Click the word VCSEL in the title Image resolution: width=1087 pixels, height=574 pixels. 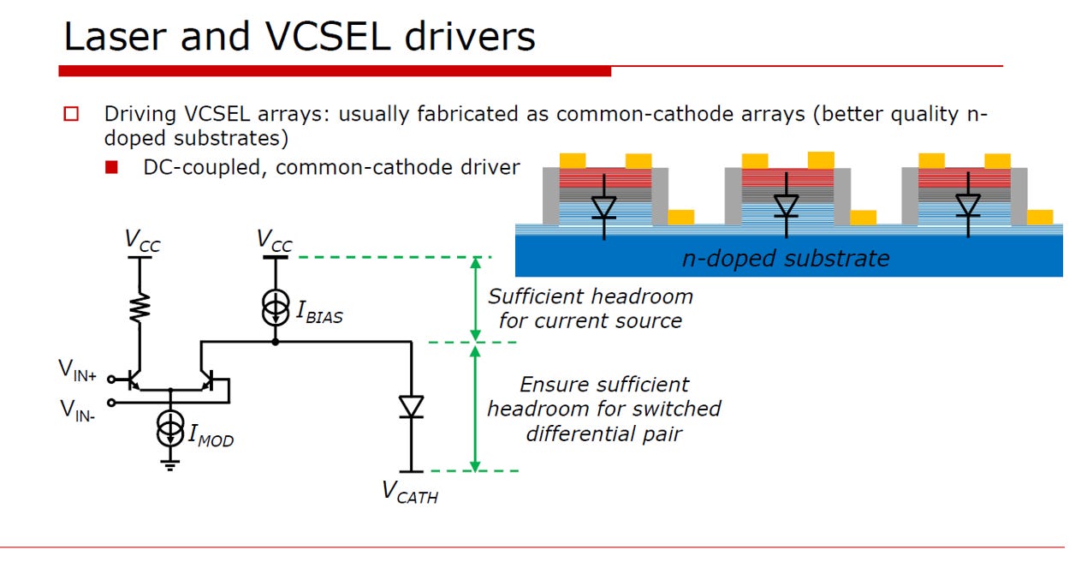coord(328,37)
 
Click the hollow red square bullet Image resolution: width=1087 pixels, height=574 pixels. coord(71,114)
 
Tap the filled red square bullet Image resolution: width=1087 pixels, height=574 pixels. coord(111,168)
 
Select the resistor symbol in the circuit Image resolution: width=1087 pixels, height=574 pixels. coord(140,308)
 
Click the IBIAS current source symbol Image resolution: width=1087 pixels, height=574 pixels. coord(275,308)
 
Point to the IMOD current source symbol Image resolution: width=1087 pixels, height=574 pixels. coord(170,428)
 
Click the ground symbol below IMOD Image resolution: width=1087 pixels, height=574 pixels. coord(169,465)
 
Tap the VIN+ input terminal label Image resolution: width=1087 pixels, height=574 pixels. coord(77,370)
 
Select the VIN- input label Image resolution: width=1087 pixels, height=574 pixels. coord(77,410)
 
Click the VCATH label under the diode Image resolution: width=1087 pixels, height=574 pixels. coord(410,493)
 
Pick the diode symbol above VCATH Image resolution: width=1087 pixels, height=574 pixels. coord(411,407)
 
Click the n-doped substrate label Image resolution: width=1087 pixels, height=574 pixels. coord(786,258)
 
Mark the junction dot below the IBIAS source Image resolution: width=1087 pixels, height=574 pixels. coord(275,342)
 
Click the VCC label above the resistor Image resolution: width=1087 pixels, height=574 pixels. coord(142,241)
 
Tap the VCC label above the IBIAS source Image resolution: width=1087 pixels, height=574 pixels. coord(275,241)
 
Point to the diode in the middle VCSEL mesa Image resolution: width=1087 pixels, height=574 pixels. coord(786,206)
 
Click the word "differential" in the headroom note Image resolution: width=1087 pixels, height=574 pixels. coord(579,433)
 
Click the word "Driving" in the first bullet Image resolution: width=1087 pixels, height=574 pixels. coord(140,115)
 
